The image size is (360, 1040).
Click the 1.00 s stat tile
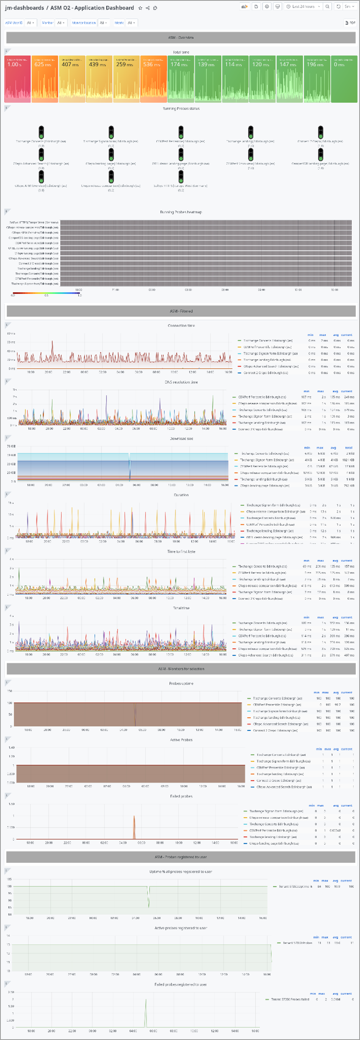point(17,79)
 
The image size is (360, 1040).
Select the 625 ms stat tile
point(45,79)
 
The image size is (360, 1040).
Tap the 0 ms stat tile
point(344,79)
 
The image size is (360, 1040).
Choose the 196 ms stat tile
point(317,79)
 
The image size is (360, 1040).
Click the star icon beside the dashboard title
point(140,8)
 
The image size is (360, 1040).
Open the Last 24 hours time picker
point(303,7)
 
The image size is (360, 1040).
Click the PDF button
point(350,23)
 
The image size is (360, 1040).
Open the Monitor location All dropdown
point(103,23)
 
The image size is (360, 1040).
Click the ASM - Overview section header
point(180,38)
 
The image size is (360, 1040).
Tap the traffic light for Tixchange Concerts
point(41,132)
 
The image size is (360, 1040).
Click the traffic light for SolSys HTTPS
point(181,177)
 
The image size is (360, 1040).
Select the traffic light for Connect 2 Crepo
point(321,132)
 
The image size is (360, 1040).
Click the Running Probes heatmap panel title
point(180,212)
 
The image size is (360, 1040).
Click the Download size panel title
point(181,438)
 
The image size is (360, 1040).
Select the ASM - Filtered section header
point(180,311)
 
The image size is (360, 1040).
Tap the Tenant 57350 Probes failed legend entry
point(290,999)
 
